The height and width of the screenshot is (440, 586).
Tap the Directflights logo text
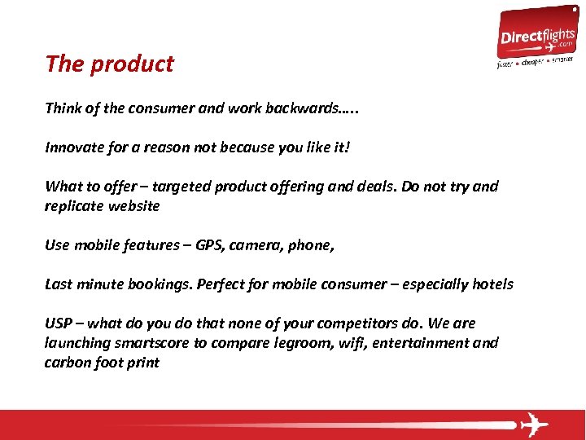536,37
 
